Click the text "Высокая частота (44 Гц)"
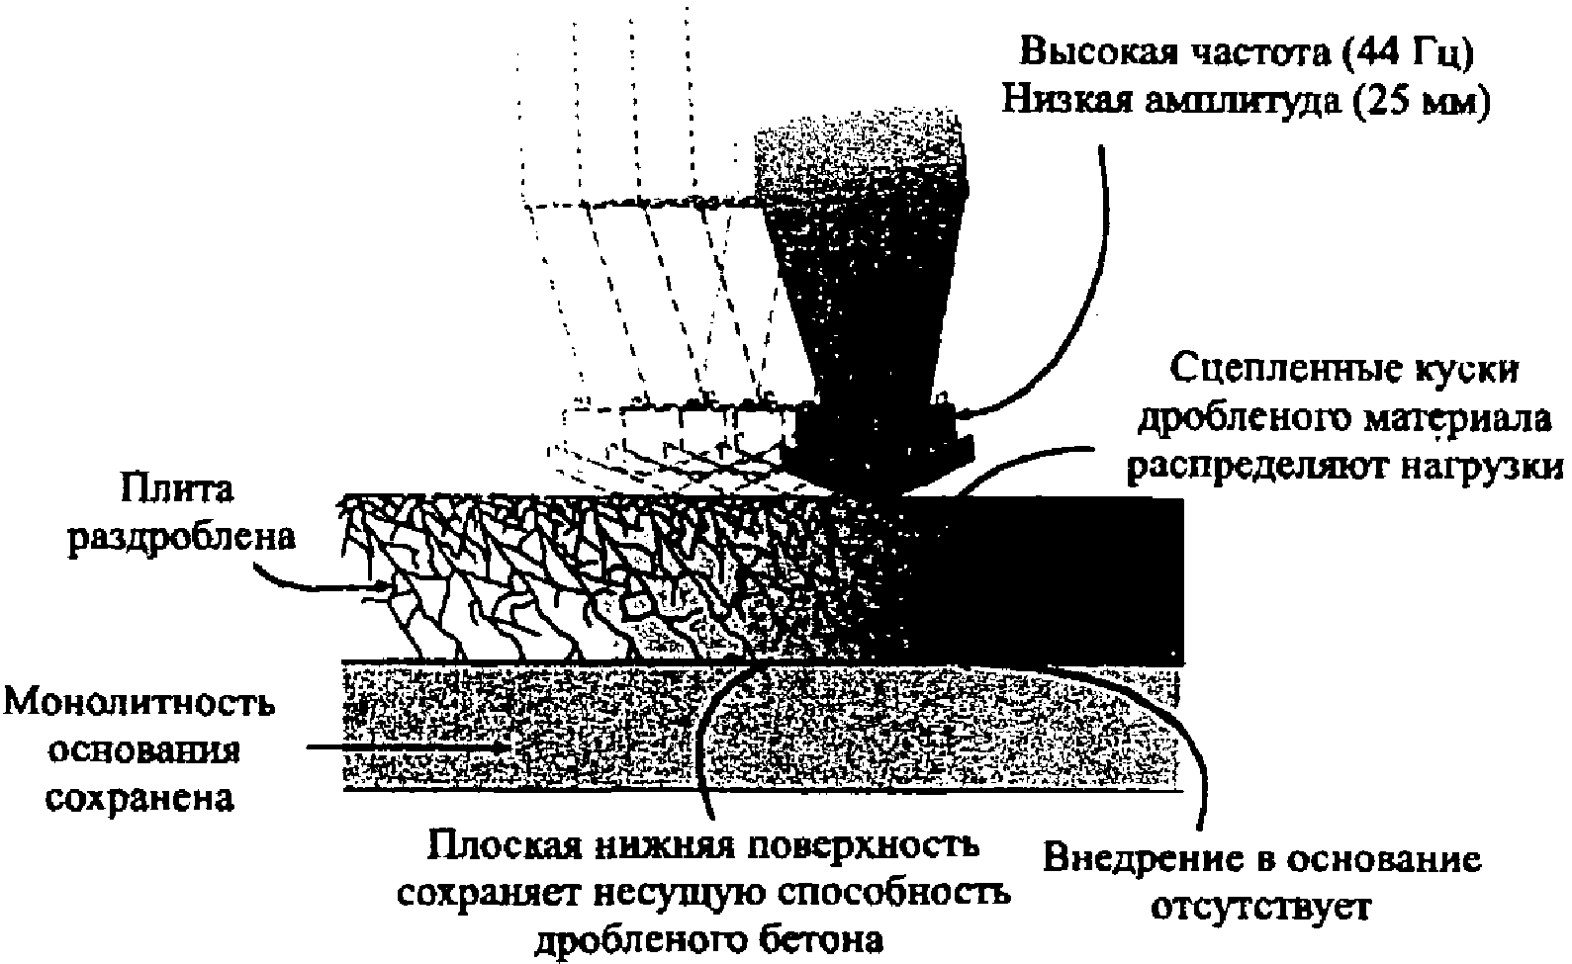pos(1248,52)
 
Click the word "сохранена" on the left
pos(141,797)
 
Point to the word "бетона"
pos(815,939)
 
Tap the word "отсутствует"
pos(1260,906)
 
